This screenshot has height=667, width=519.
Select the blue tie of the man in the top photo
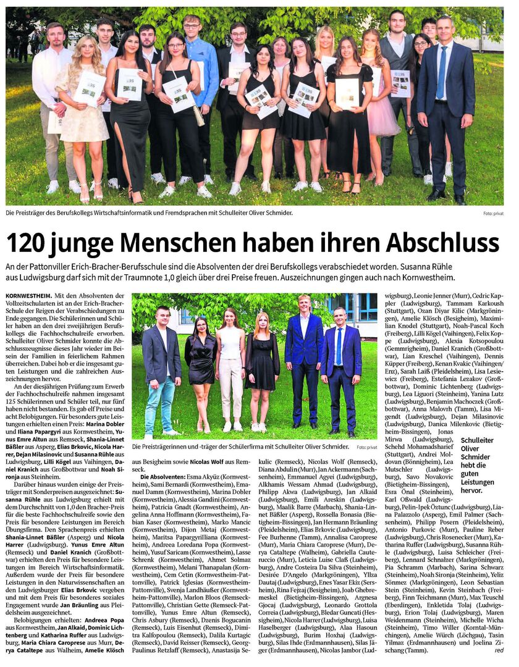[441, 73]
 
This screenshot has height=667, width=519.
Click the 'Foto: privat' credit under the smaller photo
[366, 447]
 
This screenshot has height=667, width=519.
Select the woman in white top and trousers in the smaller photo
[230, 371]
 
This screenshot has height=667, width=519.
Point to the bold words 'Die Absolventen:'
[159, 477]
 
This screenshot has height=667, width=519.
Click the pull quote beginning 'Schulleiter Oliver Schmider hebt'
[478, 464]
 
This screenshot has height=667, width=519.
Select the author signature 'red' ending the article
[499, 650]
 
